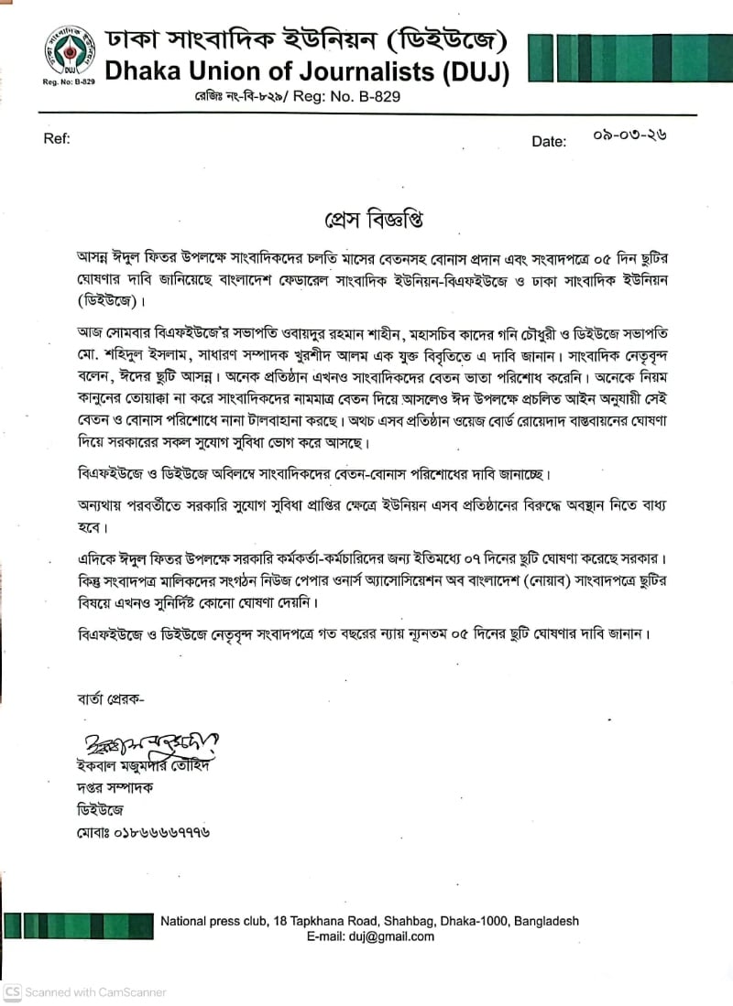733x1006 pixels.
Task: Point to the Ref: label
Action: (57, 139)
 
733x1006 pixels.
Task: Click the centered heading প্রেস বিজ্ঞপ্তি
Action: (366, 221)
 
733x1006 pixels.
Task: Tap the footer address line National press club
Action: (369, 921)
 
